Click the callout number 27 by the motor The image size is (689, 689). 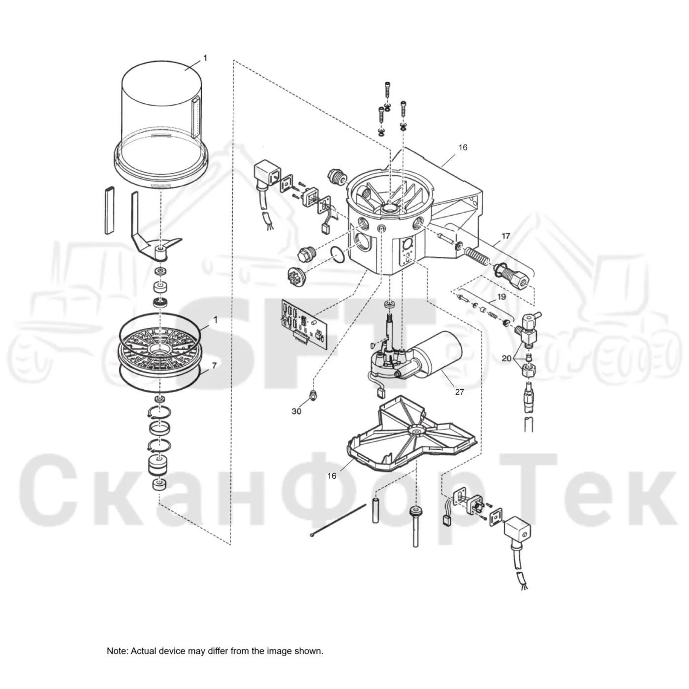(459, 392)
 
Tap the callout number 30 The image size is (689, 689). (296, 411)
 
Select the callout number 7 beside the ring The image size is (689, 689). (214, 366)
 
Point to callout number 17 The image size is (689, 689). (505, 236)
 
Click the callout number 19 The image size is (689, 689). (501, 297)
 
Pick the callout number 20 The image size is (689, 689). (506, 358)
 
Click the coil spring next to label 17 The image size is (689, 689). (476, 258)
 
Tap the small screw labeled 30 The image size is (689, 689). (313, 395)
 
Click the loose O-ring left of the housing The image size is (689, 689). (337, 254)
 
